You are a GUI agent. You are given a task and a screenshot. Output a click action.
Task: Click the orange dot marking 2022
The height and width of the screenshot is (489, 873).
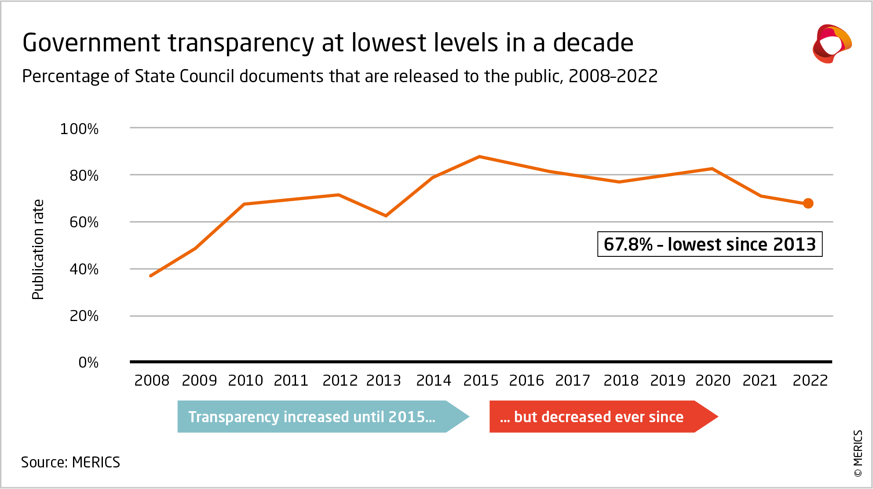[x=808, y=203]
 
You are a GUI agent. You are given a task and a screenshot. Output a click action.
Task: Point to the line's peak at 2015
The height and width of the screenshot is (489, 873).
[x=479, y=157]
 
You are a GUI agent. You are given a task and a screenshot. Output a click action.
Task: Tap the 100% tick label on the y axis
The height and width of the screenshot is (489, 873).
[x=79, y=129]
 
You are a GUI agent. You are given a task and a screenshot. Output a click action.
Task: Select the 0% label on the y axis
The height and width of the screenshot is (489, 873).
[x=88, y=362]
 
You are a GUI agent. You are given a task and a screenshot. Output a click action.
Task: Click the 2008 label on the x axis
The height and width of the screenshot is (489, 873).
[x=152, y=380]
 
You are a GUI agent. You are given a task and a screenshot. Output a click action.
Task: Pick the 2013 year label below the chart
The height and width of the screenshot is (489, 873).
[x=384, y=380]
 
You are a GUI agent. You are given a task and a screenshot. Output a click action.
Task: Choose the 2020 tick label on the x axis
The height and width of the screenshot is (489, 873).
[x=713, y=380]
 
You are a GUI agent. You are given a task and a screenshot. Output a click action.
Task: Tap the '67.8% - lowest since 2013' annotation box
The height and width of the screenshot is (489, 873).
[x=709, y=244]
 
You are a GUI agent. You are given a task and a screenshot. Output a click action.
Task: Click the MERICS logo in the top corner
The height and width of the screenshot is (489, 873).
[x=832, y=44]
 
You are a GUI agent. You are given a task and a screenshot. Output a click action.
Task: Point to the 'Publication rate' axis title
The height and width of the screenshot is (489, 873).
[x=38, y=249]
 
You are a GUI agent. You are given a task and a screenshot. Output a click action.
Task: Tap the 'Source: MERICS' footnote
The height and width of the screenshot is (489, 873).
[x=70, y=462]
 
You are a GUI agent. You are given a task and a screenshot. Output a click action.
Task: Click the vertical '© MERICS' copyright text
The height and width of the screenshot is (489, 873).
[x=858, y=453]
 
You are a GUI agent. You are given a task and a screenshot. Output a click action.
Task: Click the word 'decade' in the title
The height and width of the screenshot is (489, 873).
[x=593, y=43]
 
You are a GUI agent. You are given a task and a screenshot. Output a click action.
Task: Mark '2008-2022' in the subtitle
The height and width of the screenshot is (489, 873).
[x=613, y=76]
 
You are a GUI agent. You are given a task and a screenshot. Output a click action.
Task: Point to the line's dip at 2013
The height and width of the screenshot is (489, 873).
[x=386, y=215]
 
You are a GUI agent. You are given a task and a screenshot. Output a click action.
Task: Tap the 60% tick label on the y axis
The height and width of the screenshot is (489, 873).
[x=84, y=222]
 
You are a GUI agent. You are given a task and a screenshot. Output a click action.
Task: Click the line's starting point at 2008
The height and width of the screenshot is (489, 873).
[x=151, y=276]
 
